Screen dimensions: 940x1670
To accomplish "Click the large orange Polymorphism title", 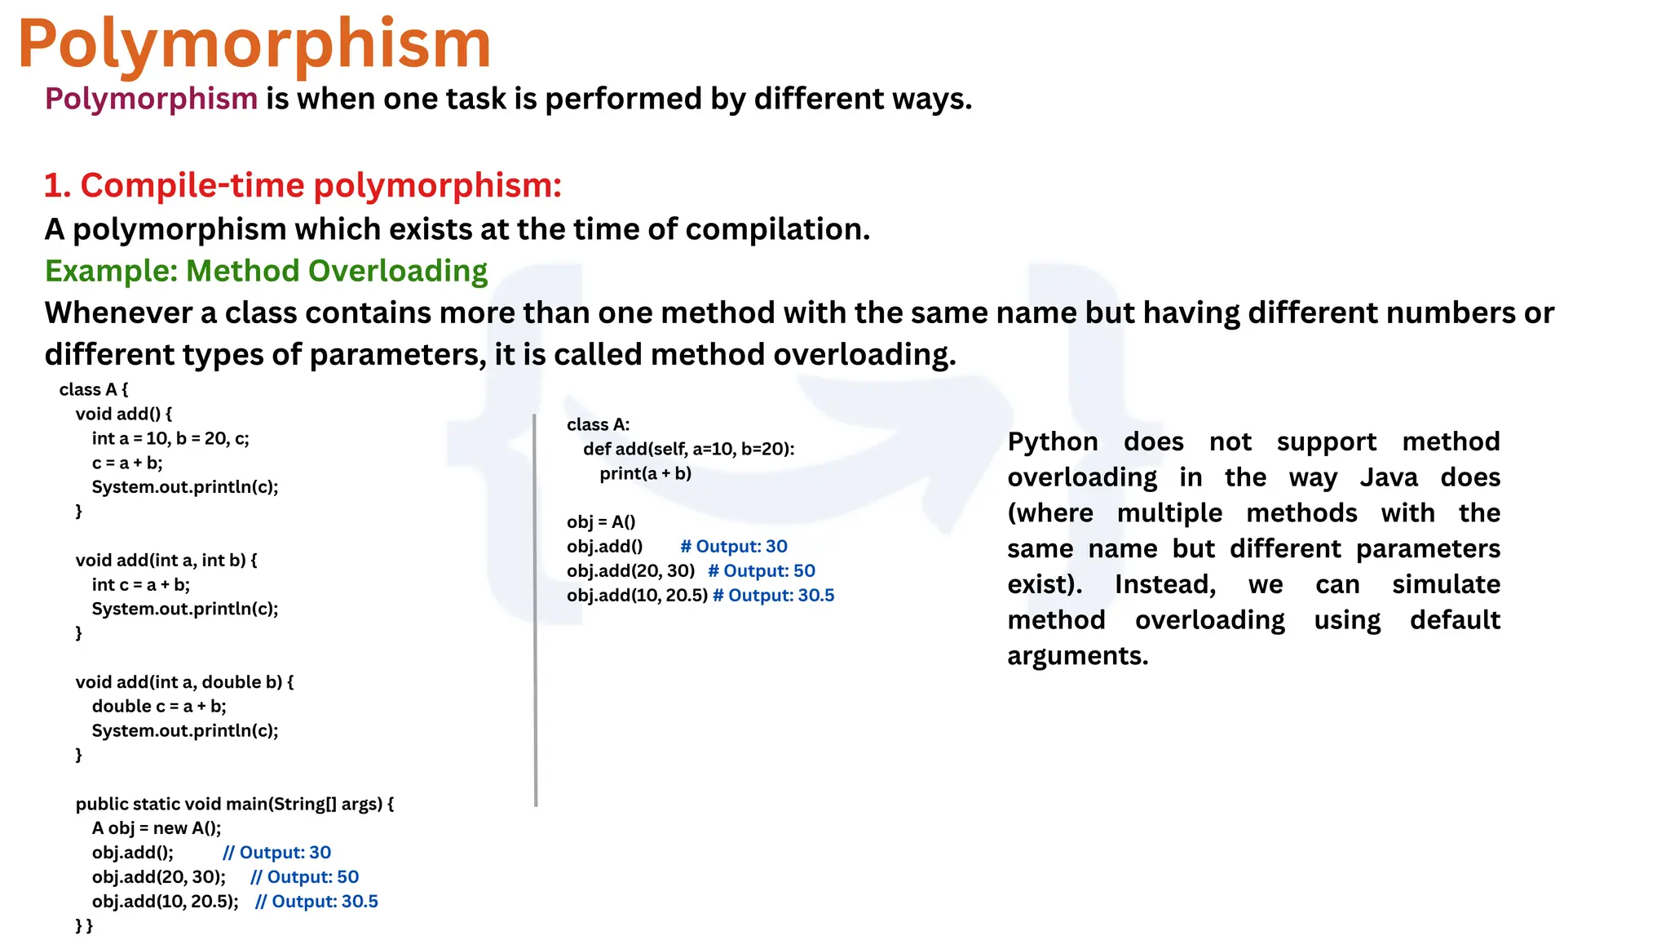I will click(254, 45).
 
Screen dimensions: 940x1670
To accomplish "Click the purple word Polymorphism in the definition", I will click(151, 99).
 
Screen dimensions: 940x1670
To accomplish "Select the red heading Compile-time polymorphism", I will click(303, 185).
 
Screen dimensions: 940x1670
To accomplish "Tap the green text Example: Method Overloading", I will click(266, 271).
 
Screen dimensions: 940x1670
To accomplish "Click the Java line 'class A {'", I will click(93, 389).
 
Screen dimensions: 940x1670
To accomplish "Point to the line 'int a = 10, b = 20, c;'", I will click(170, 438).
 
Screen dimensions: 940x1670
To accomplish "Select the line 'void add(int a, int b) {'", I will click(166, 560).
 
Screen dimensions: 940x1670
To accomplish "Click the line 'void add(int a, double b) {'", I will click(184, 681).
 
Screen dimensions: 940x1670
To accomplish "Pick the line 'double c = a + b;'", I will click(159, 706).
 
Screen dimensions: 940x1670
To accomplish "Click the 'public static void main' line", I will click(235, 804).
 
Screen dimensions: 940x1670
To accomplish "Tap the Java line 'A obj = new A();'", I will click(157, 828).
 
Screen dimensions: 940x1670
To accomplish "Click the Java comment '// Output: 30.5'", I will click(316, 902).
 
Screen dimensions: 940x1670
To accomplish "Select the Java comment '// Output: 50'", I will click(304, 877).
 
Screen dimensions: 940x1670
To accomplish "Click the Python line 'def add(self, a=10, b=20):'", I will click(688, 449).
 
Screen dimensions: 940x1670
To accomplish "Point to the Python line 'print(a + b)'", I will click(645, 473).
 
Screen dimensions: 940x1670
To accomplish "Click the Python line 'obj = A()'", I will click(601, 522).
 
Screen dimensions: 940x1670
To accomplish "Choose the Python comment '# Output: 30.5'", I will click(773, 596).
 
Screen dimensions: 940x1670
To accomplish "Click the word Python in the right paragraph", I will click(1052, 442).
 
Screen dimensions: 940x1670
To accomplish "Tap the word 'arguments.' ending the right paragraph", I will click(1077, 656).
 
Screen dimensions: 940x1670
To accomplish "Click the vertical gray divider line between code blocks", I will click(536, 610).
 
